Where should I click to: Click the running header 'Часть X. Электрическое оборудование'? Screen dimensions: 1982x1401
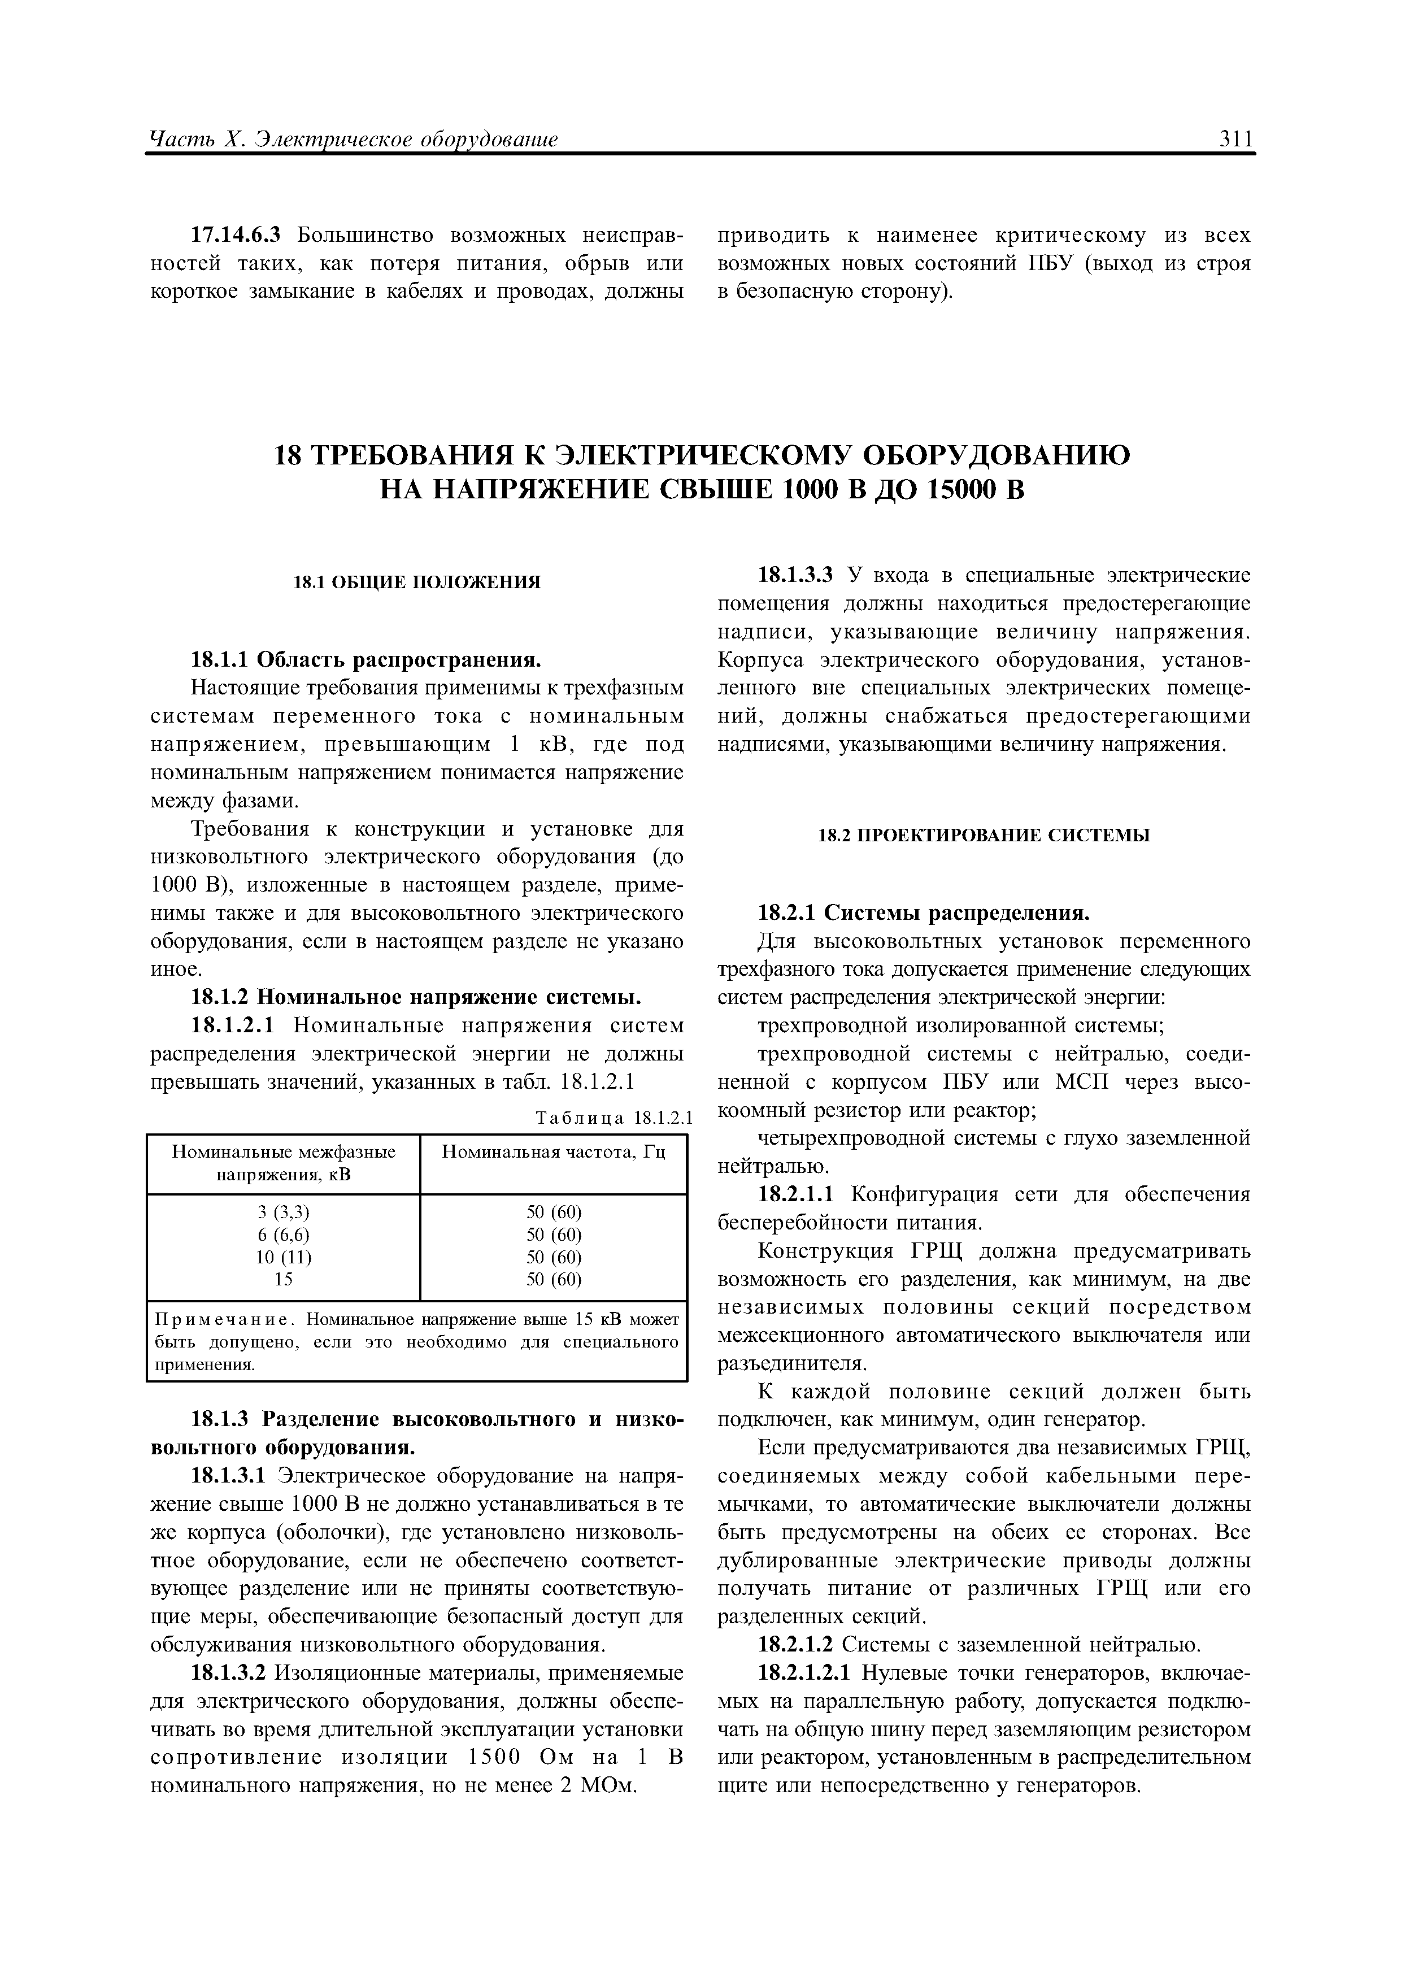point(354,139)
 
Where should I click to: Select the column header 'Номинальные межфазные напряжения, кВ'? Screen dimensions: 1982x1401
point(283,1163)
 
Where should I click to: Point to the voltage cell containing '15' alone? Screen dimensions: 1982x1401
point(283,1279)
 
